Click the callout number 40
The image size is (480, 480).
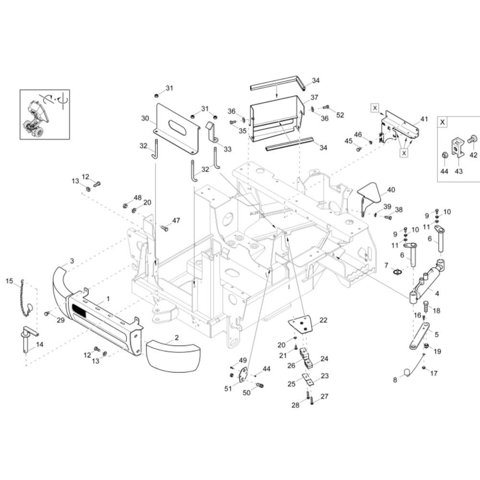391,190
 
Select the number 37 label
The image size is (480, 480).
314,97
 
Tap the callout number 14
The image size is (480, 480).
39,344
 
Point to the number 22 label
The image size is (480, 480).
324,320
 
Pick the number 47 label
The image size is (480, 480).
176,220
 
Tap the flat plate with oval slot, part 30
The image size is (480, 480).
176,128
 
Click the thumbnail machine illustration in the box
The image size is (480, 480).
38,114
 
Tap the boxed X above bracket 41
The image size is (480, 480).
375,108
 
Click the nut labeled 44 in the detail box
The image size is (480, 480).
444,156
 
